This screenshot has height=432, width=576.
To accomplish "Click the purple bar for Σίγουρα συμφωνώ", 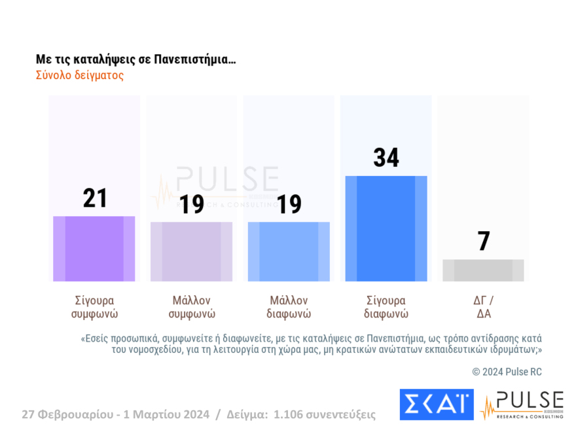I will tap(94, 249).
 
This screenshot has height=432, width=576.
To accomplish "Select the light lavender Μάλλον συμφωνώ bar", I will tap(191, 252).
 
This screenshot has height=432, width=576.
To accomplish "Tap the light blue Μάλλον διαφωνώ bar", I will tap(289, 252).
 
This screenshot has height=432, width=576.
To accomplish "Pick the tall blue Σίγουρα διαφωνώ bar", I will tap(386, 229).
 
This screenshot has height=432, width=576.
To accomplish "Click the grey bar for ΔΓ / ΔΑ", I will tap(483, 270).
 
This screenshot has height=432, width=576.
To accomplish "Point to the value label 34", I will tap(386, 158).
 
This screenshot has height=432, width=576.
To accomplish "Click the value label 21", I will tap(95, 198).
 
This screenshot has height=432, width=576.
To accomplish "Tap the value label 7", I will tap(484, 242).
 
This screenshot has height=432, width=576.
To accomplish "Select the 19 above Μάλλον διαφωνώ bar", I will tap(289, 205).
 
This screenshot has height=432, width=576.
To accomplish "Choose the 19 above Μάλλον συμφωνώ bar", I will tap(192, 205).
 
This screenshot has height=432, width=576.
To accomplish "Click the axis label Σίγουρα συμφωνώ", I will tap(94, 307).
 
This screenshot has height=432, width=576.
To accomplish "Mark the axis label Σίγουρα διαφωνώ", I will tap(386, 307).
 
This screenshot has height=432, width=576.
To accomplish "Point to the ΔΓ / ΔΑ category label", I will tap(483, 307).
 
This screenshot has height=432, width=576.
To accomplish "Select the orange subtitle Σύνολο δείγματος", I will tap(80, 75).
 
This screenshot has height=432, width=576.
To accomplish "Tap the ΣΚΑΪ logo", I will tap(436, 405).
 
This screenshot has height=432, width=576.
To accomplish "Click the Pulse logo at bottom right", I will tap(522, 405).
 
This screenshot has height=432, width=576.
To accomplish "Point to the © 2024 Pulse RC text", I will tap(507, 372).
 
